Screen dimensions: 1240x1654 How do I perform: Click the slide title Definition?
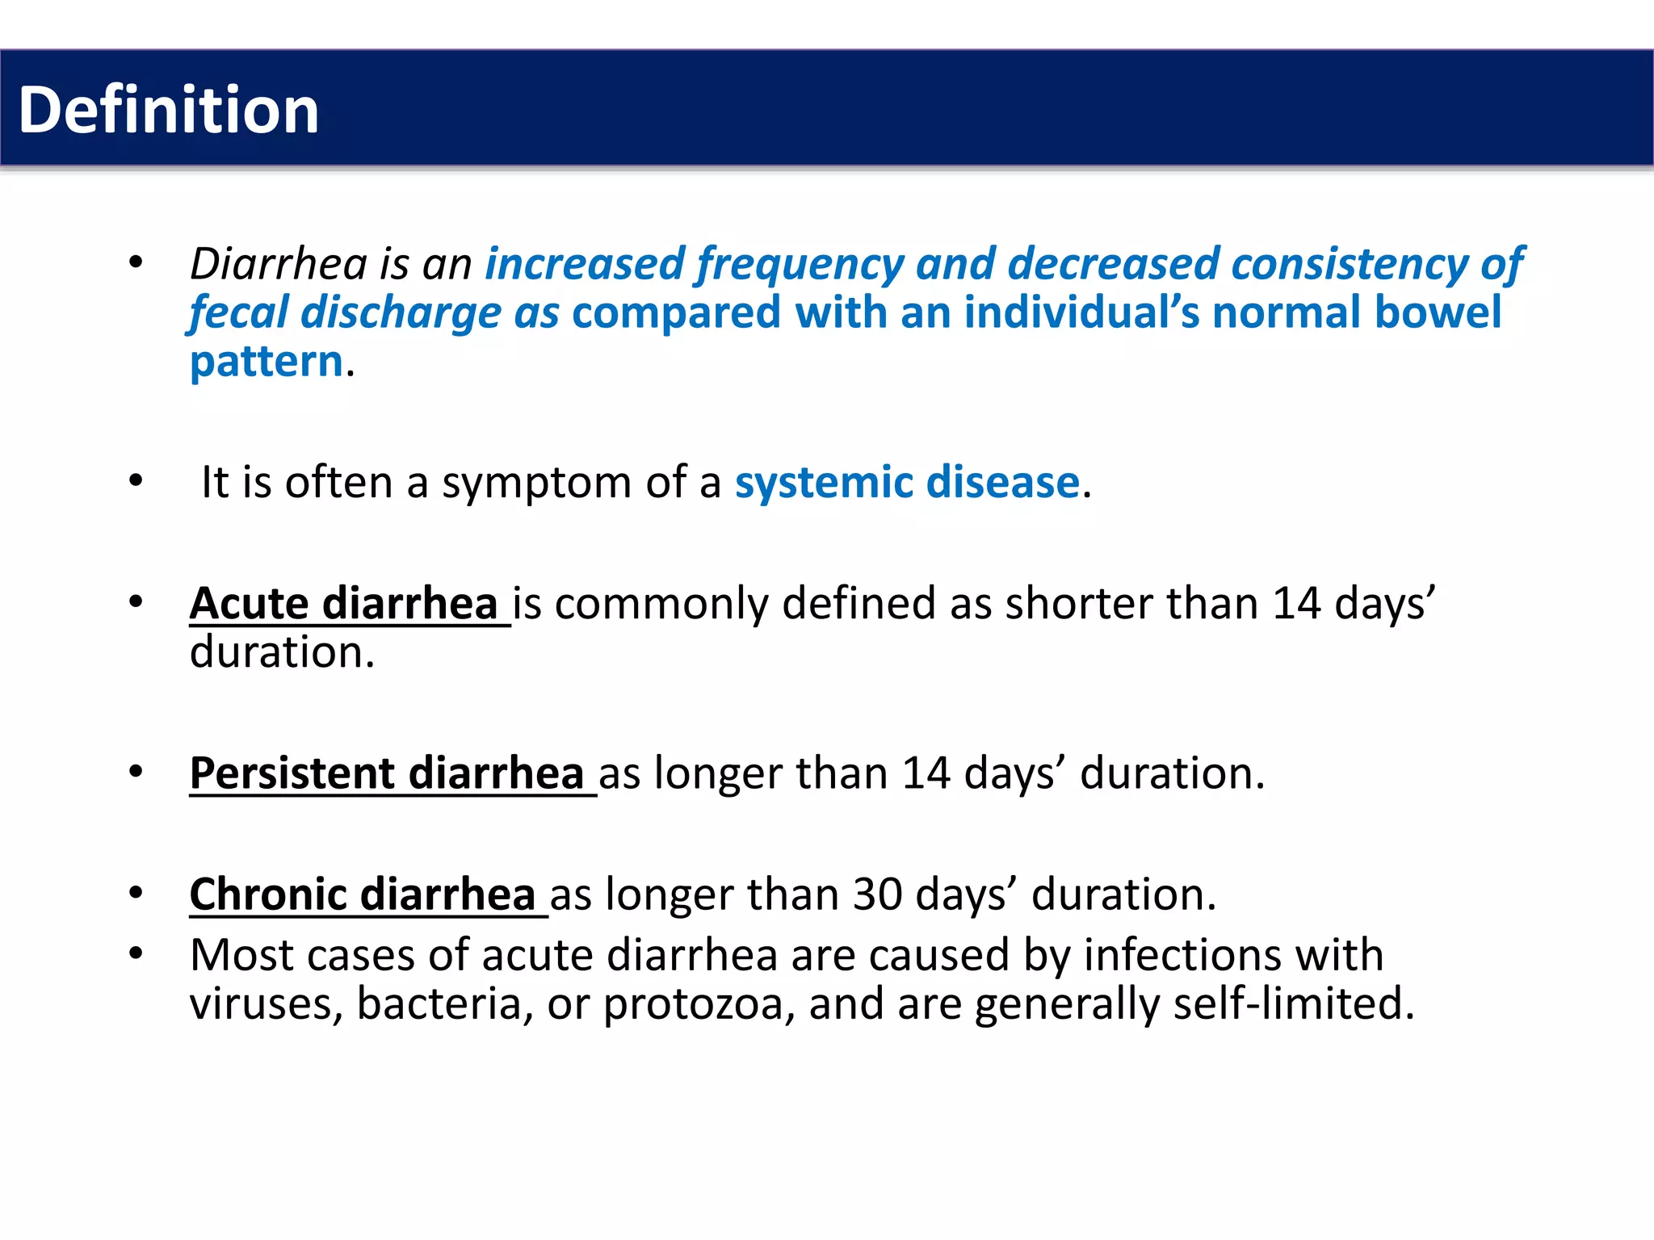[169, 110]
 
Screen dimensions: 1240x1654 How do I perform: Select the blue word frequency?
[800, 264]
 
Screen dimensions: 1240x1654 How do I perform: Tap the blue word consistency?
[1349, 264]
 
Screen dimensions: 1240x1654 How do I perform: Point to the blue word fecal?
[238, 312]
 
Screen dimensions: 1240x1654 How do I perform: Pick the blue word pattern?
[267, 362]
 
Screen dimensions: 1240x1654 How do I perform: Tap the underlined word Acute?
[249, 604]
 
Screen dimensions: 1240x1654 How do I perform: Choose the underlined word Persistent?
[292, 773]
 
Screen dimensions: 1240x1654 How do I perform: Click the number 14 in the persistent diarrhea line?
[926, 773]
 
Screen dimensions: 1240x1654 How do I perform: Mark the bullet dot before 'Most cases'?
[136, 954]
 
